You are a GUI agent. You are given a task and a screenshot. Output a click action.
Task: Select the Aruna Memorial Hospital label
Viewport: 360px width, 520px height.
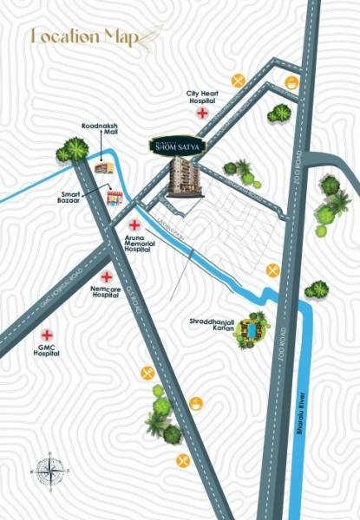[138, 244]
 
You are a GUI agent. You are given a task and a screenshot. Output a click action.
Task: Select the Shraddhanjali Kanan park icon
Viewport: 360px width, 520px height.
[252, 330]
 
